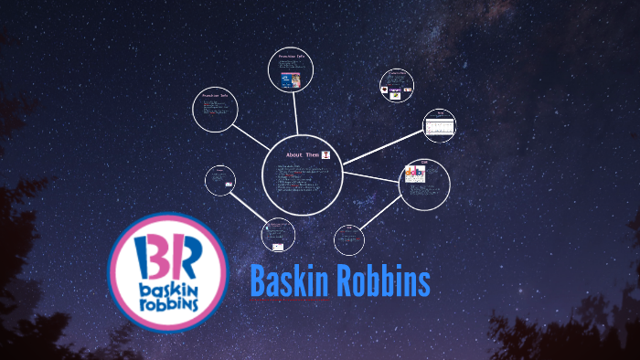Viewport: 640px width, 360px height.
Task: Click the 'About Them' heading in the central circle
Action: point(302,155)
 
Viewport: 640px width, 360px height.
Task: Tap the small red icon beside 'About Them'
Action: point(325,156)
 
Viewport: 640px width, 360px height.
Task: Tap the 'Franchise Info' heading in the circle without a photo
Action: point(216,96)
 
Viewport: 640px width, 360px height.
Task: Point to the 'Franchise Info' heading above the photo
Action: point(292,56)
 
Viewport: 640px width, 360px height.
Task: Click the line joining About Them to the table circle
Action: point(382,148)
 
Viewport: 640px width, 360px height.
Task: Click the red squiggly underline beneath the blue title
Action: point(291,300)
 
